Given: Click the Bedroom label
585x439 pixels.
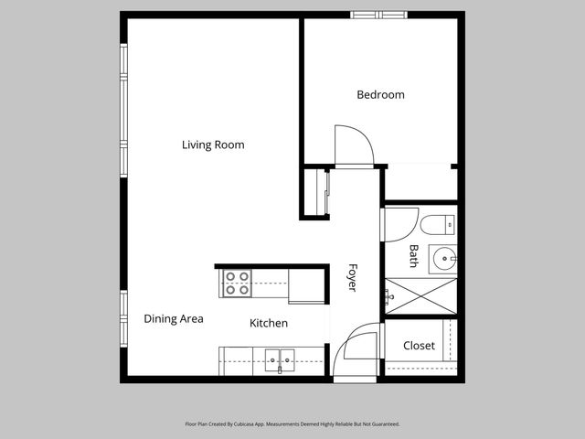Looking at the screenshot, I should point(380,94).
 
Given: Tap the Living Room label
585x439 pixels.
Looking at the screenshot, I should point(213,145).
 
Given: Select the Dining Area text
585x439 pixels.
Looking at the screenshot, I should point(174,319).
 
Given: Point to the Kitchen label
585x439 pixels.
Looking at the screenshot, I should point(269,323).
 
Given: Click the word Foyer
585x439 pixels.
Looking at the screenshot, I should point(352,277).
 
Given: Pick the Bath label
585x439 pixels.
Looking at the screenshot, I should point(413,256).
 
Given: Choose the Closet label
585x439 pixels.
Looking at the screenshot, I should point(419,346).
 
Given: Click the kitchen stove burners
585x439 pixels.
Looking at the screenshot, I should point(238,284).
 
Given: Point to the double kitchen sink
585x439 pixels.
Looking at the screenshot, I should point(280,360).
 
